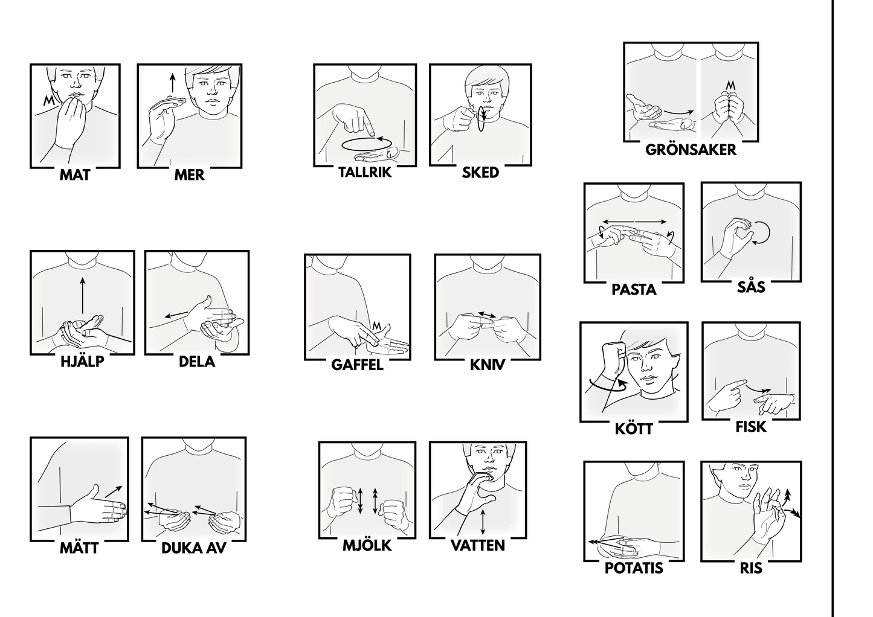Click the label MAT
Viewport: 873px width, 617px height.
[75, 175]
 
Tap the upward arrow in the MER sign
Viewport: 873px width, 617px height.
[172, 83]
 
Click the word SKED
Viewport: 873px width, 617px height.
[480, 173]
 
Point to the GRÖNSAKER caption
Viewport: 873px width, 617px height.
[691, 150]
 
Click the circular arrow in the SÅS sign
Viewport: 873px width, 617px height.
[762, 233]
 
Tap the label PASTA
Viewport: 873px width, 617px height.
[634, 290]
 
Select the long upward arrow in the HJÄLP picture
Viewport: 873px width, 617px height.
[83, 295]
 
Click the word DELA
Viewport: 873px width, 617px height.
[197, 362]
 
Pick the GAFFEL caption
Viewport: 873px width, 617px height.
[358, 365]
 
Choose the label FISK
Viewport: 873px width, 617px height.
[750, 427]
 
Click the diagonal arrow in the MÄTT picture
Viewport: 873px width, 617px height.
[114, 491]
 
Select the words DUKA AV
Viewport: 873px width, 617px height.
[194, 548]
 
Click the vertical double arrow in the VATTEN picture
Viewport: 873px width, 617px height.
[483, 522]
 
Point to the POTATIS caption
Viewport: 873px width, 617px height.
[634, 568]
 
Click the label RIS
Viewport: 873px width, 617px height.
[751, 568]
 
